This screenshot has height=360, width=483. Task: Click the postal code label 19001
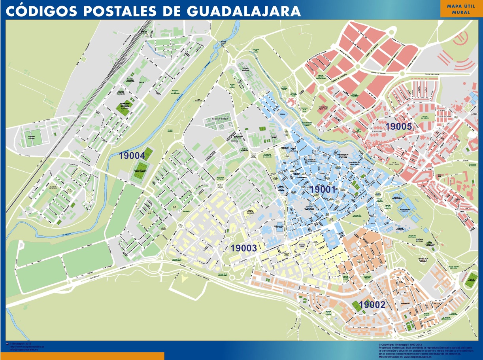coord(323,189)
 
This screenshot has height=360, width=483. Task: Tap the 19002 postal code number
coord(372,305)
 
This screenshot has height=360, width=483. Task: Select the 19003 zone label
coord(244,248)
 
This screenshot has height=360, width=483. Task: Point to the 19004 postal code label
coord(132,156)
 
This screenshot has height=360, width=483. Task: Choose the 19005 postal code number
coord(399,127)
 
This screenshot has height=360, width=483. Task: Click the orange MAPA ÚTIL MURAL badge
coord(461,9)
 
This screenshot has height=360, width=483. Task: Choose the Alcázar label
coord(282,114)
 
